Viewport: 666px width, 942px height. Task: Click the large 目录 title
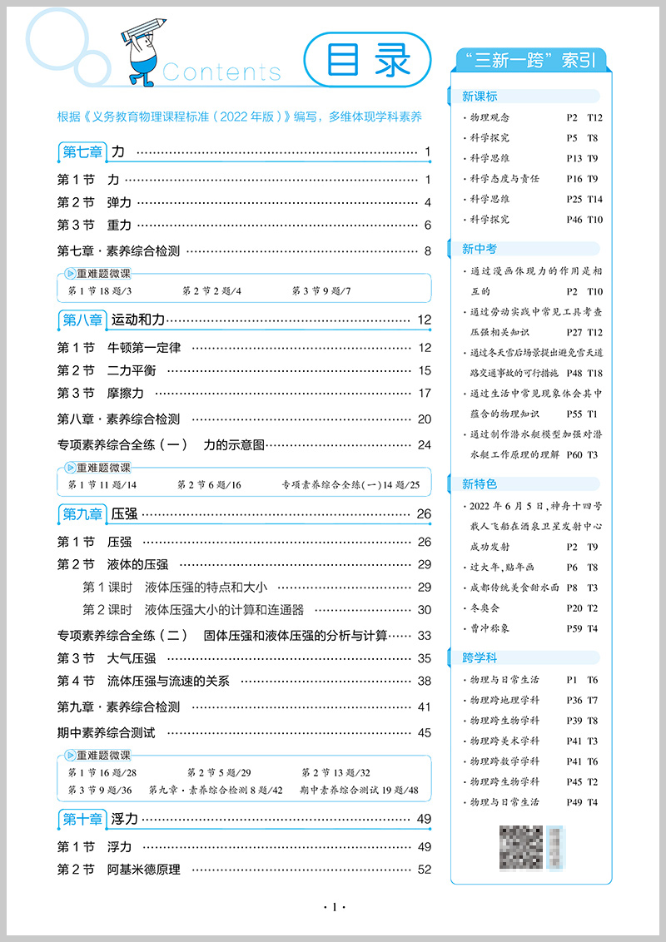[x=368, y=62]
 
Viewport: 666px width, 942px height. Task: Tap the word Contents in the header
[x=221, y=72]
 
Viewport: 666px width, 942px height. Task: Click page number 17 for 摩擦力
[x=425, y=393]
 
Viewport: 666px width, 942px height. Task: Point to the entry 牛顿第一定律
[x=143, y=348]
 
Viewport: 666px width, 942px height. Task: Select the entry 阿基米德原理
[x=143, y=870]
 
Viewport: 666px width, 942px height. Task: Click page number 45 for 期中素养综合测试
[x=425, y=733]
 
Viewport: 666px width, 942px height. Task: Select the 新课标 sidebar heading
[x=480, y=97]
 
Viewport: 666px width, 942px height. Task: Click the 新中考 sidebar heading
[x=480, y=248]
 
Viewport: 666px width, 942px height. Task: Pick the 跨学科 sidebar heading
[x=480, y=657]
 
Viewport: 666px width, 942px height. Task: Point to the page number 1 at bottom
[x=333, y=907]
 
